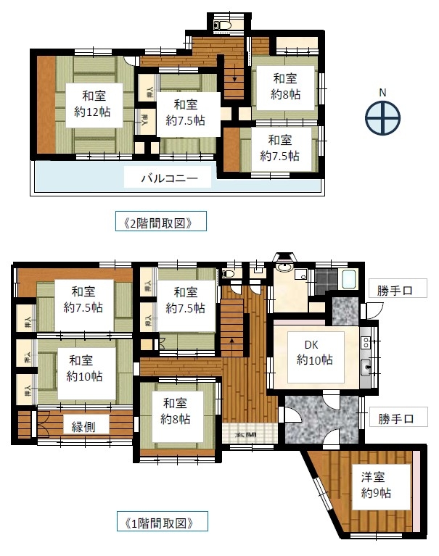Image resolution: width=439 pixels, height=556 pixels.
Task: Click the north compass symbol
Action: (382, 118)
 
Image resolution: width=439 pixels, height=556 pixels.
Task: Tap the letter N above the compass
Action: (382, 93)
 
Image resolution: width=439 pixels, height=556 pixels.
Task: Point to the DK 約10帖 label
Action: (314, 351)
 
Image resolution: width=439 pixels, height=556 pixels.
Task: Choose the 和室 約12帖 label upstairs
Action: (91, 103)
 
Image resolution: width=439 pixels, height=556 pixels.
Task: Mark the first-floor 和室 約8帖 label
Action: (176, 410)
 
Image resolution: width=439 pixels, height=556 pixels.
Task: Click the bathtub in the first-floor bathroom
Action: (348, 279)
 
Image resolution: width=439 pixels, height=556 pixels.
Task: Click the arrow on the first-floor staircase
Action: (231, 339)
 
